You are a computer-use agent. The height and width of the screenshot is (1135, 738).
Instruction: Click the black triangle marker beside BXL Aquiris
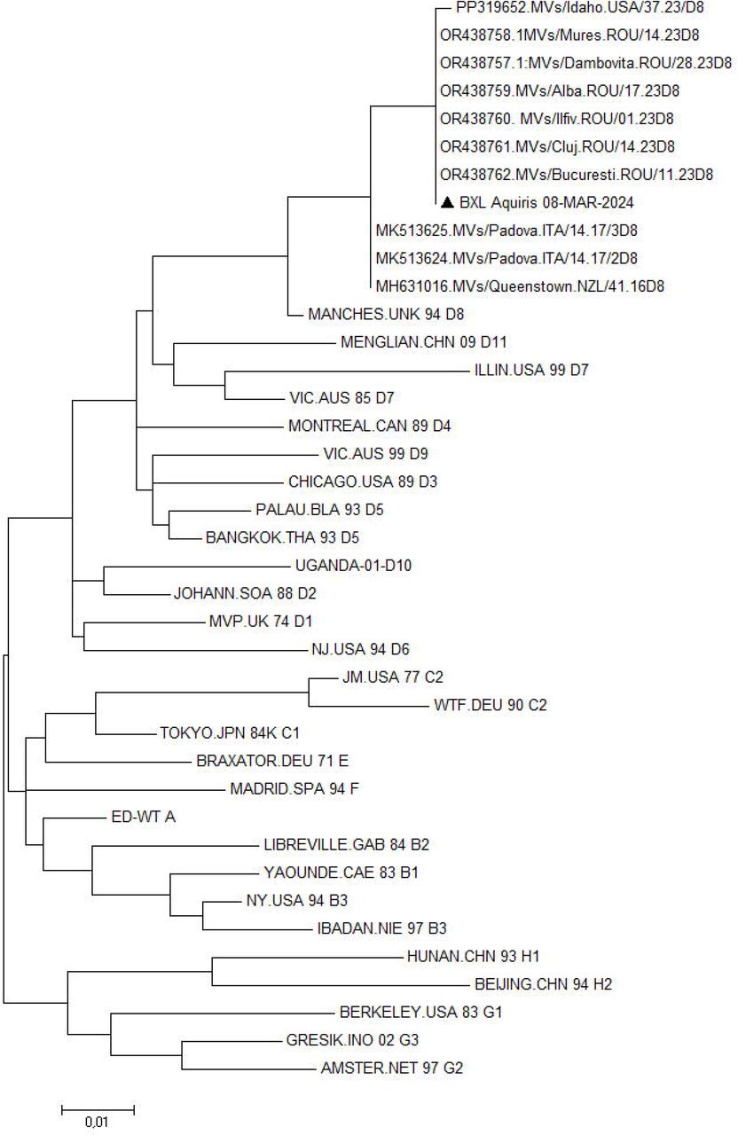(447, 203)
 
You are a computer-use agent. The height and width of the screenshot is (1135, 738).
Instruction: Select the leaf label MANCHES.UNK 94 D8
(386, 314)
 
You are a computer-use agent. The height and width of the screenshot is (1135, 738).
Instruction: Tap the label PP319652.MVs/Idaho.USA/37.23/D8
(580, 8)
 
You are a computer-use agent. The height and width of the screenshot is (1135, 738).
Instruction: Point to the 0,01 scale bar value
(97, 1122)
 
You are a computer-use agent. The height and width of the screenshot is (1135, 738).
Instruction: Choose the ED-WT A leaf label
(144, 817)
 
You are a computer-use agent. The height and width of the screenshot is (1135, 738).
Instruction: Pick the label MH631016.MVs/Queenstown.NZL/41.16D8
(520, 286)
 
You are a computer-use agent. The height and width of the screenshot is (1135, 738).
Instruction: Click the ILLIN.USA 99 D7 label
(531, 370)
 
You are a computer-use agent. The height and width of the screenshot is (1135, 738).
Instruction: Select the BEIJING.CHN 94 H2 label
(544, 984)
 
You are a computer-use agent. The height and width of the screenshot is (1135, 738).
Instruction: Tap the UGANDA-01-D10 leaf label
(353, 566)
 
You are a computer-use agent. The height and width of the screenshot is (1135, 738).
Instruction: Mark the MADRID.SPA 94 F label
(294, 789)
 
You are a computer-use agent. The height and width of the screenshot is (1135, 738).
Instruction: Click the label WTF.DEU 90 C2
(491, 705)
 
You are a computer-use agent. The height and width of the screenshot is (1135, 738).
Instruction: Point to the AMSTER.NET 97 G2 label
(392, 1068)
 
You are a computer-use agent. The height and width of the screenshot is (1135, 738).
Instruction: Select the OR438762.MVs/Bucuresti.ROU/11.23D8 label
(577, 175)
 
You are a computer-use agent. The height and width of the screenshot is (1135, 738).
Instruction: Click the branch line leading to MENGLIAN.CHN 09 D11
(255, 344)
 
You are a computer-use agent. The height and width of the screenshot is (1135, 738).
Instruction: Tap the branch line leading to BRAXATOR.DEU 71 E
(119, 762)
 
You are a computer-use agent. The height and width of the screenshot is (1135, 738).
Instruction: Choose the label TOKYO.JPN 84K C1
(230, 733)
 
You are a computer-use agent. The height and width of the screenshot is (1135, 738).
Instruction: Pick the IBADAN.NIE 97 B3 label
(381, 928)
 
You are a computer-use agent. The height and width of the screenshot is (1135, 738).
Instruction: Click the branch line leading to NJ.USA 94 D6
(195, 650)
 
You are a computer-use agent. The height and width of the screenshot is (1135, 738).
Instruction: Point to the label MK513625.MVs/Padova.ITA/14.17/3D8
(506, 231)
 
